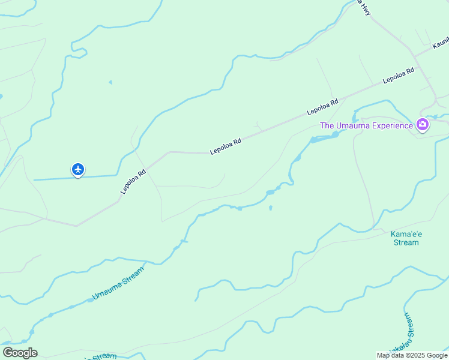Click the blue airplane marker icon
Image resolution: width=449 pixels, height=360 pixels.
click(78, 170)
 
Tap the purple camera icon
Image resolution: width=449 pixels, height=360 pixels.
click(423, 125)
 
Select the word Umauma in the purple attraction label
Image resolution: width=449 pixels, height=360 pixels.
click(352, 125)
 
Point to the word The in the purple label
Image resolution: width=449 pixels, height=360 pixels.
click(327, 125)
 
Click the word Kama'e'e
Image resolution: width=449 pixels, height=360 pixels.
click(405, 234)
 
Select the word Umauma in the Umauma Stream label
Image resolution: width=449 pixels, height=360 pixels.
click(106, 292)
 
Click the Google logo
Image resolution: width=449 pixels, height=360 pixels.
click(20, 353)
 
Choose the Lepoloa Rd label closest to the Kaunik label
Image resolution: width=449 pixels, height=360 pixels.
click(399, 75)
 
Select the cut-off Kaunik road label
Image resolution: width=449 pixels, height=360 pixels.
click(441, 43)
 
